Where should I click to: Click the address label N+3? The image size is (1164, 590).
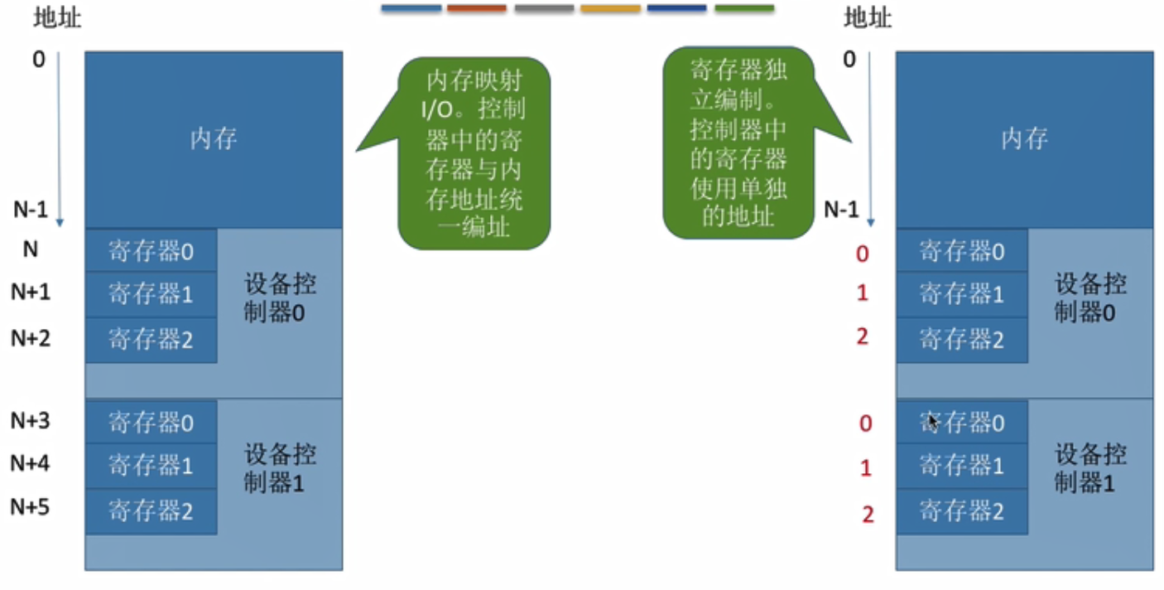point(30,422)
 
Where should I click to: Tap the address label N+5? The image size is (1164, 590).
point(30,507)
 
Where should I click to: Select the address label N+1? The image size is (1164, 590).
point(30,292)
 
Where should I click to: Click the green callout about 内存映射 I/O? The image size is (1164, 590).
point(474,152)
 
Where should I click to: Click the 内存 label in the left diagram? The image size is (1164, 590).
point(214,138)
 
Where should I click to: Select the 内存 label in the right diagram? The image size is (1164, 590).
point(1024,138)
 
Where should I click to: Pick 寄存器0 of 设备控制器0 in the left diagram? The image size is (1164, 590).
point(151,251)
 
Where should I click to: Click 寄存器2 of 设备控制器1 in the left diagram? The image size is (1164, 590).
point(151,510)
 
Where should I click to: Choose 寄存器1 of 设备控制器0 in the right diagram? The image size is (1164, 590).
point(961,293)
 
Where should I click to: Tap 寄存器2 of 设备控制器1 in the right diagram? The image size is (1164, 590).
point(961,510)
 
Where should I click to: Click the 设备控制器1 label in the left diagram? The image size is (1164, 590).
point(280,468)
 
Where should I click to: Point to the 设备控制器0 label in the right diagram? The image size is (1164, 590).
point(1090,298)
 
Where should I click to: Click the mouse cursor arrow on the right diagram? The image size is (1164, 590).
point(931,420)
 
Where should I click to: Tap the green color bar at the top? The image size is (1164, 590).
point(743,8)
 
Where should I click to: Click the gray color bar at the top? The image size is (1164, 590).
point(543,8)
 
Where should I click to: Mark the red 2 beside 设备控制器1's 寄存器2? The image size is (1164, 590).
point(867,515)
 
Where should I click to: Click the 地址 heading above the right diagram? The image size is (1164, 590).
point(867,17)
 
